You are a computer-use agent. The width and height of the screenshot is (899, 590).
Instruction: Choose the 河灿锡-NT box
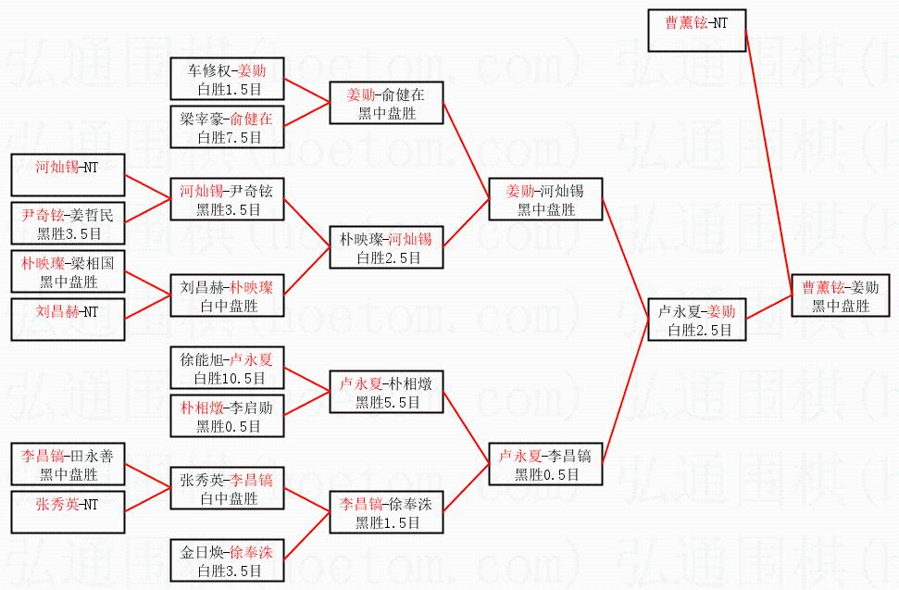coord(67,175)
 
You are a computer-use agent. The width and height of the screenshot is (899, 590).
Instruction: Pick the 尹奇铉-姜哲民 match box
coord(67,223)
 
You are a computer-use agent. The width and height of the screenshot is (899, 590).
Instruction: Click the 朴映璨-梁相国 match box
coord(67,271)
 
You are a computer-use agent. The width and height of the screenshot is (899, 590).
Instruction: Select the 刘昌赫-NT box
coord(67,320)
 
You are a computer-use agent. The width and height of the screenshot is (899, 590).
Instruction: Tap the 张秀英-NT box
coord(67,512)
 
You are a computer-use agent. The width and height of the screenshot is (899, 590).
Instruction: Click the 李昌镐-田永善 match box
coord(67,464)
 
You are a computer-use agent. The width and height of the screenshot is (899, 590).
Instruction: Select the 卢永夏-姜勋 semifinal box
coord(695,320)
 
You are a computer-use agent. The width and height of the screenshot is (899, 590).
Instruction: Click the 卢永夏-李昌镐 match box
coord(546,464)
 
